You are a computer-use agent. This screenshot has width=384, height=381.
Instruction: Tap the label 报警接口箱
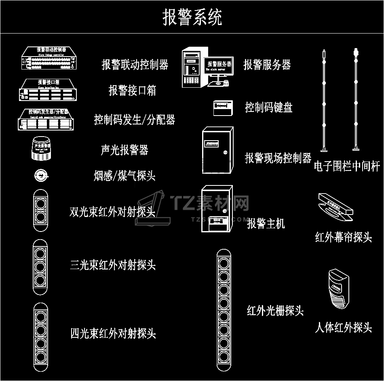132,90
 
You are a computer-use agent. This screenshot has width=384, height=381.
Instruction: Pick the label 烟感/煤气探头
124,176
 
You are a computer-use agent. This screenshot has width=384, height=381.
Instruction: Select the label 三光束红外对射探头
113,265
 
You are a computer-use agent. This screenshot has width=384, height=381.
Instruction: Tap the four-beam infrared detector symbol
40,337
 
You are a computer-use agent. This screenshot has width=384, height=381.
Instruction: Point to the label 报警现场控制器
278,158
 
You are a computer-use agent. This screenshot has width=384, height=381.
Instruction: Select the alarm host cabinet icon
217,208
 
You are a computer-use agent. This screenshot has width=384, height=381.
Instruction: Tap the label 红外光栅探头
275,311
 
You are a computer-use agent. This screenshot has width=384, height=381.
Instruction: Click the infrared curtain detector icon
335,207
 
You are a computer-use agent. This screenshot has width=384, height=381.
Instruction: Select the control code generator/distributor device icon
47,120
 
